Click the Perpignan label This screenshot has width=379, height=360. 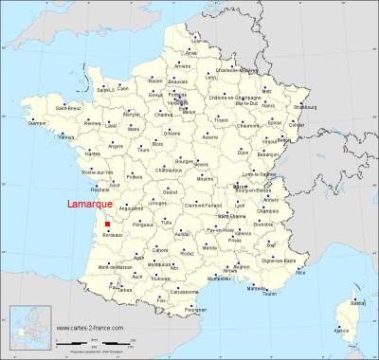(195, 310)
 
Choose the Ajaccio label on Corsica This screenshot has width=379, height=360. (342, 331)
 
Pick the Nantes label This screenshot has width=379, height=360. (93, 153)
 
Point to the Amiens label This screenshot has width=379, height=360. (182, 65)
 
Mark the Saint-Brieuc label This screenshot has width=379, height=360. (65, 106)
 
